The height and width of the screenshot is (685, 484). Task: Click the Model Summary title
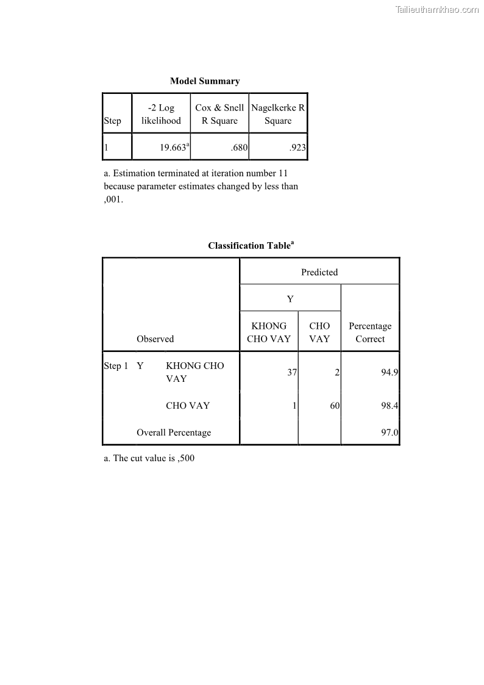[x=205, y=81]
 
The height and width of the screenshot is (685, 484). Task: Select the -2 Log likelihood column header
[x=161, y=114]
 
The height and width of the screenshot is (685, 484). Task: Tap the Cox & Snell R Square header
[x=219, y=114]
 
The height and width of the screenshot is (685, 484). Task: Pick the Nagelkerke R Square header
[x=278, y=114]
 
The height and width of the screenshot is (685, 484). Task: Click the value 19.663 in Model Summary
[x=172, y=148]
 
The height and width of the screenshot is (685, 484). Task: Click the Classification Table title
[x=250, y=246]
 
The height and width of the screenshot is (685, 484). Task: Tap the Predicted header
[x=319, y=272]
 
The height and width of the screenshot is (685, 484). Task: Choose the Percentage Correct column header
[x=370, y=332]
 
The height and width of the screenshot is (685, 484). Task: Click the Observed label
[x=155, y=339]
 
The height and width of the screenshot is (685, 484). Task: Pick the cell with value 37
[x=292, y=372]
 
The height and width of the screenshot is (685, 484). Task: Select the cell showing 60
[x=335, y=406]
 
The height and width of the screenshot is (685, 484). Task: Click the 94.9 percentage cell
[x=390, y=372]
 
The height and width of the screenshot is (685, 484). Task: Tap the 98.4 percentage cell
[x=390, y=406]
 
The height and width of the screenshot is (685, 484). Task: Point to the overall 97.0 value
[x=390, y=432]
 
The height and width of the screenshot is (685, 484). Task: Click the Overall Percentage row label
[x=174, y=432]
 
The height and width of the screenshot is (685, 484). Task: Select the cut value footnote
[x=149, y=458]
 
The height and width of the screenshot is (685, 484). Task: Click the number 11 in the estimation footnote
[x=282, y=173]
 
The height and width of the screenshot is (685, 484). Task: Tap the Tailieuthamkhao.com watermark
[x=437, y=10]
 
